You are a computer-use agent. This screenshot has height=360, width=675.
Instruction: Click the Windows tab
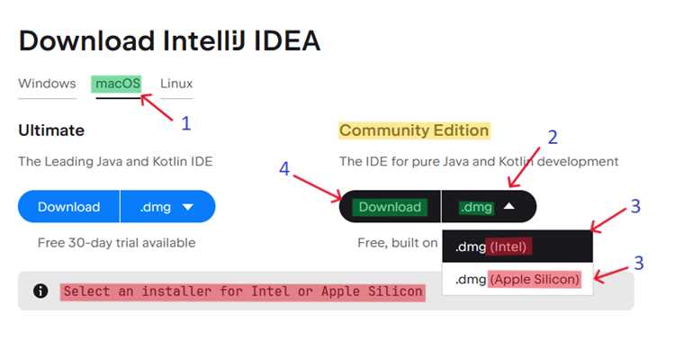tap(47, 84)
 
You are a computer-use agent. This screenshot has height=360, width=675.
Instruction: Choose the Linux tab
tap(176, 84)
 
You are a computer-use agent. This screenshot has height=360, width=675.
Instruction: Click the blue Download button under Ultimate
tap(69, 207)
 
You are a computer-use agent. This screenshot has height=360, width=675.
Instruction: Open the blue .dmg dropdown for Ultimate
tap(167, 207)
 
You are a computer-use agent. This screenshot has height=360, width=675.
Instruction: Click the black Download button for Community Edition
tap(390, 207)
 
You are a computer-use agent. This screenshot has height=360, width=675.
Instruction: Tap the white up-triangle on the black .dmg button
tap(509, 206)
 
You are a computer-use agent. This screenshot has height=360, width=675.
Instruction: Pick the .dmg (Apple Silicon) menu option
tap(517, 280)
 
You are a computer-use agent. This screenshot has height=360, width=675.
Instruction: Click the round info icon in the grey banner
tap(40, 291)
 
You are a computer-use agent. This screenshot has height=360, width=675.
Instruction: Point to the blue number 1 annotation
tap(186, 123)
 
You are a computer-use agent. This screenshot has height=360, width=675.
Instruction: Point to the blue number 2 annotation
tap(553, 138)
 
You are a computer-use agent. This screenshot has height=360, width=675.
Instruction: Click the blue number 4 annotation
tap(284, 169)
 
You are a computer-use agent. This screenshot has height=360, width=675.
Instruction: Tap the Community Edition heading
tap(414, 130)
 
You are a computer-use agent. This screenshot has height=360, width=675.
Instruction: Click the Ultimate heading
tap(51, 130)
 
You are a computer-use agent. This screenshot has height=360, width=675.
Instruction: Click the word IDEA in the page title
tap(287, 41)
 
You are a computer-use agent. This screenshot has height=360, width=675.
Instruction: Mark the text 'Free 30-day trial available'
tap(117, 243)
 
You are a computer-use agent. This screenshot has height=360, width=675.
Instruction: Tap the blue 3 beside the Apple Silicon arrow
tap(639, 263)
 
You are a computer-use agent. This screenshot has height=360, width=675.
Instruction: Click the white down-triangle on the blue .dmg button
tap(188, 207)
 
